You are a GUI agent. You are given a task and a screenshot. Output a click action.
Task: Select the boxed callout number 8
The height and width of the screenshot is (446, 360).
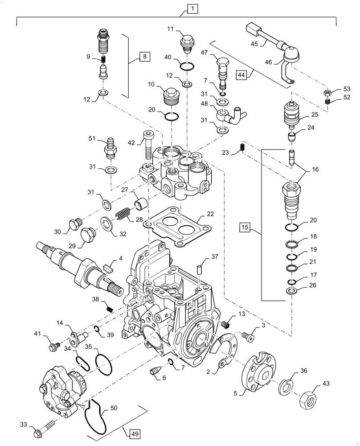(x=145, y=56)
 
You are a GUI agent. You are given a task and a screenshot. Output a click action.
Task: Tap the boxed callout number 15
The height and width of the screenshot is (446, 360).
(x=244, y=228)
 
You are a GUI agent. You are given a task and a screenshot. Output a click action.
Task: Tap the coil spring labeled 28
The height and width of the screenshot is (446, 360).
(x=123, y=215)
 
